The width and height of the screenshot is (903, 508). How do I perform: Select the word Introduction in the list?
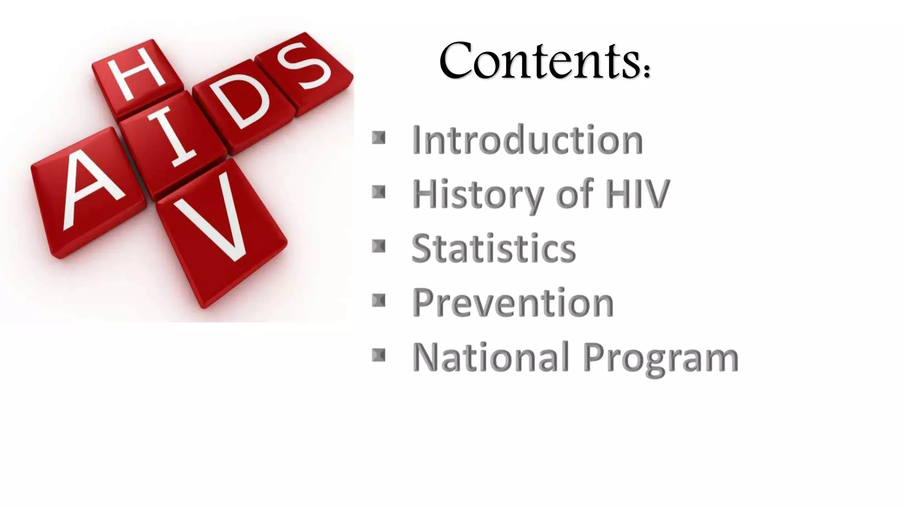[x=527, y=140]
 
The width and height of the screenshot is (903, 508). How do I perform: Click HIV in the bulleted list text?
[x=638, y=194]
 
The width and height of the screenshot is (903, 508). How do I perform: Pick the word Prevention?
[x=513, y=303]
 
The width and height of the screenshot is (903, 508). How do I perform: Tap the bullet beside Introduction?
[x=379, y=138]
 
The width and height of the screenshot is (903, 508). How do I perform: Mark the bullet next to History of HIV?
[x=379, y=192]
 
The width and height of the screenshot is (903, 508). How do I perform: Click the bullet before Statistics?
[x=379, y=247]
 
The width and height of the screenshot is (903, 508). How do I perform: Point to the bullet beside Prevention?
[x=379, y=301]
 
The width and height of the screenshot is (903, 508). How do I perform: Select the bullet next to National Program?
[x=379, y=355]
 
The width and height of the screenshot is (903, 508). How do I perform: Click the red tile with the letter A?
[x=88, y=192]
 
